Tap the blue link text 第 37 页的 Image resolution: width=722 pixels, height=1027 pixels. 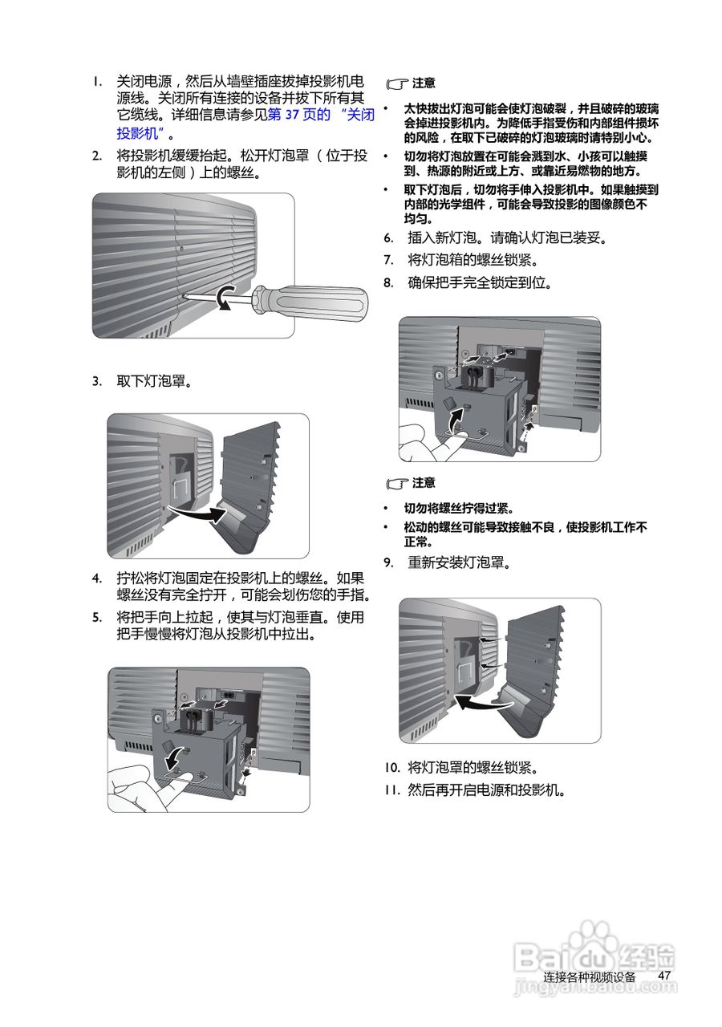(x=298, y=115)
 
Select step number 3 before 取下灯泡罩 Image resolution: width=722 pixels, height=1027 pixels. (x=96, y=381)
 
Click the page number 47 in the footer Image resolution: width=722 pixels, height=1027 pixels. (x=664, y=975)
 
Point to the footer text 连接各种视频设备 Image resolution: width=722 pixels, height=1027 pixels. (x=589, y=976)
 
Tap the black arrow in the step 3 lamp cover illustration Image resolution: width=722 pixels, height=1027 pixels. (x=197, y=513)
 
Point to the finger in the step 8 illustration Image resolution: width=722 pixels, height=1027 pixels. (x=425, y=437)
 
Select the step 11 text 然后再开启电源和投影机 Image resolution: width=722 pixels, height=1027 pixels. (x=486, y=790)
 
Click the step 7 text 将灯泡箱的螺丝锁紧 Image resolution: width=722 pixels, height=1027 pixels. (x=473, y=260)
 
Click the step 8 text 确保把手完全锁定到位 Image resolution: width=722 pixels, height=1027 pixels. (x=480, y=282)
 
